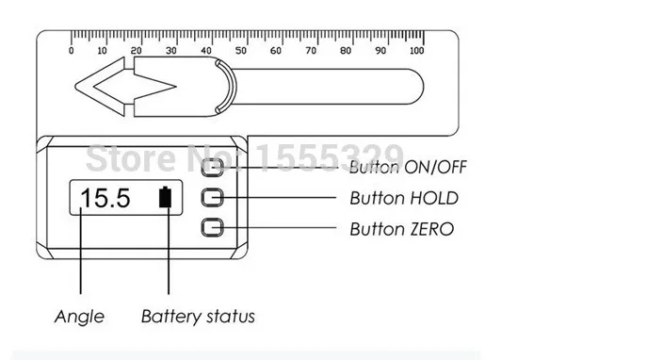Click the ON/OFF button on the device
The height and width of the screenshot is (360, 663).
pyautogui.click(x=212, y=167)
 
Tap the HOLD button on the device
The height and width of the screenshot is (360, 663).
pyautogui.click(x=212, y=198)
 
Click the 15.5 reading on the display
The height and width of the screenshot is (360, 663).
pyautogui.click(x=105, y=198)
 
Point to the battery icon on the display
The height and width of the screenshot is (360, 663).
pyautogui.click(x=166, y=197)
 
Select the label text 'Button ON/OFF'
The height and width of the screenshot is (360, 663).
pyautogui.click(x=408, y=167)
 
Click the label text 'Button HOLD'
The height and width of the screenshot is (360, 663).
pyautogui.click(x=404, y=198)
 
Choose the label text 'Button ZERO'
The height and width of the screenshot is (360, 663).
pyautogui.click(x=402, y=229)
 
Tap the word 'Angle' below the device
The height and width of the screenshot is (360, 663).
pyautogui.click(x=79, y=317)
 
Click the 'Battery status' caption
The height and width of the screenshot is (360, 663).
pyautogui.click(x=198, y=317)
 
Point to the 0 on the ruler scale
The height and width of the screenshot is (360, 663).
pyautogui.click(x=71, y=51)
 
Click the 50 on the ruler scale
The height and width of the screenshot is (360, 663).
pyautogui.click(x=240, y=51)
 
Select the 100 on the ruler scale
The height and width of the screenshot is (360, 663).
pyautogui.click(x=416, y=51)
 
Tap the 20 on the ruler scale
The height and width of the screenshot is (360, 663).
pyautogui.click(x=137, y=51)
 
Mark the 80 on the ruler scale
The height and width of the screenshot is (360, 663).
pyautogui.click(x=346, y=51)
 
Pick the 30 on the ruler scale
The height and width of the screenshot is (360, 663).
pyautogui.click(x=170, y=51)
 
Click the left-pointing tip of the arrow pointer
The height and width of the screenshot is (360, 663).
pyautogui.click(x=75, y=87)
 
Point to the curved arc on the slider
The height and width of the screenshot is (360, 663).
pyautogui.click(x=232, y=87)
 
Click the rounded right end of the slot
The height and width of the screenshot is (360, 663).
pyautogui.click(x=423, y=87)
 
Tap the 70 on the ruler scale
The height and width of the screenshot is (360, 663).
pyautogui.click(x=311, y=51)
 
